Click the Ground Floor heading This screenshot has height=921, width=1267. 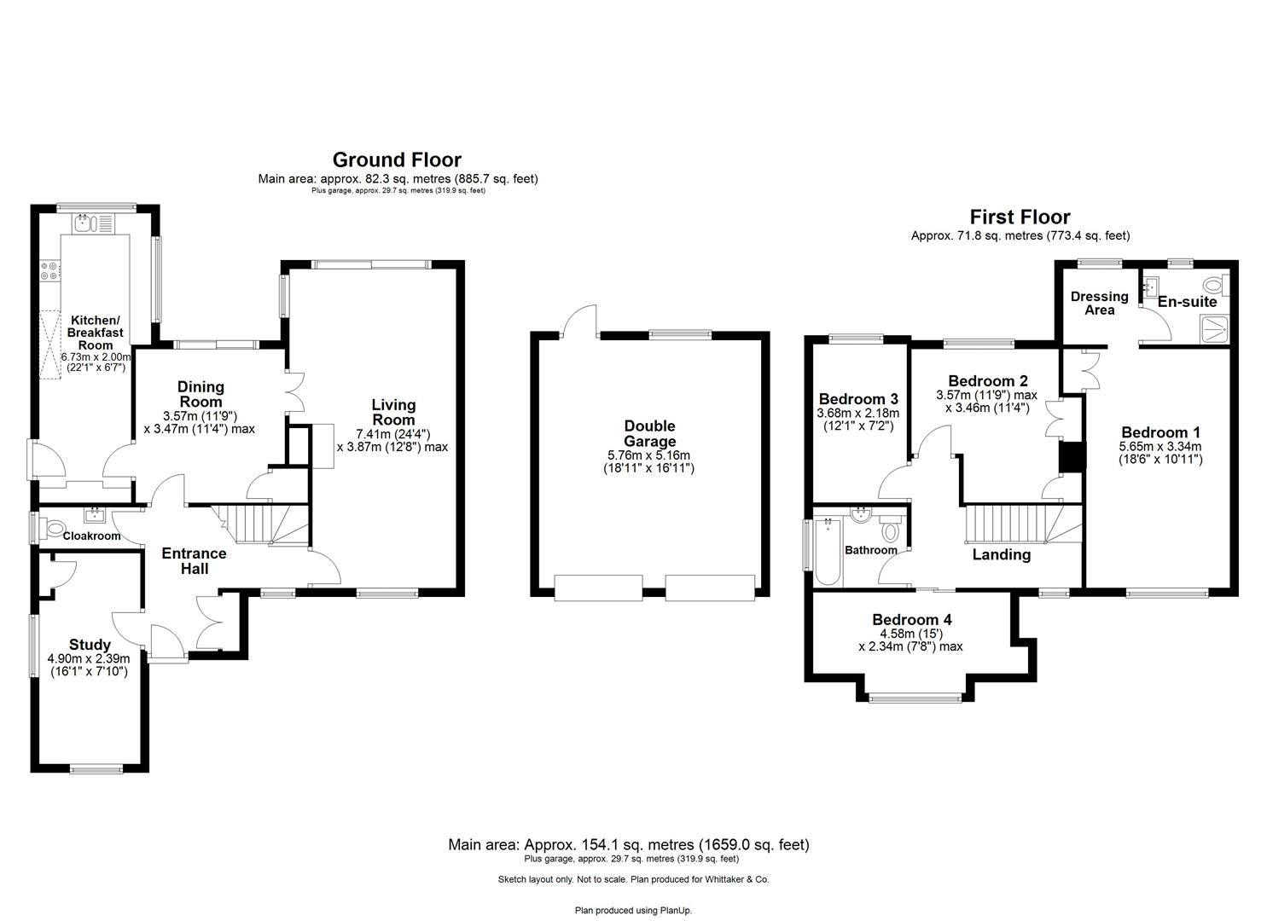point(397,159)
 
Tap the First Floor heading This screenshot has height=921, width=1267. point(1020,217)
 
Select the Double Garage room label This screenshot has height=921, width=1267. point(649,433)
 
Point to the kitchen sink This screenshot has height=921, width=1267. point(84,224)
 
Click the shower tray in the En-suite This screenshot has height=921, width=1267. point(1214,328)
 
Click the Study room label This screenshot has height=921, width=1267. point(90,645)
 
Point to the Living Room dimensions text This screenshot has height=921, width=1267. point(392,439)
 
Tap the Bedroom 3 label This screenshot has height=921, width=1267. point(858,398)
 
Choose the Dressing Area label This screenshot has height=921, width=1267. point(1099,303)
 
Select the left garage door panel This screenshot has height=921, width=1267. point(597,588)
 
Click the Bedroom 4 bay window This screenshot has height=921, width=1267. point(915,698)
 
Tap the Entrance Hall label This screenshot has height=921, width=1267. point(194,560)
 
